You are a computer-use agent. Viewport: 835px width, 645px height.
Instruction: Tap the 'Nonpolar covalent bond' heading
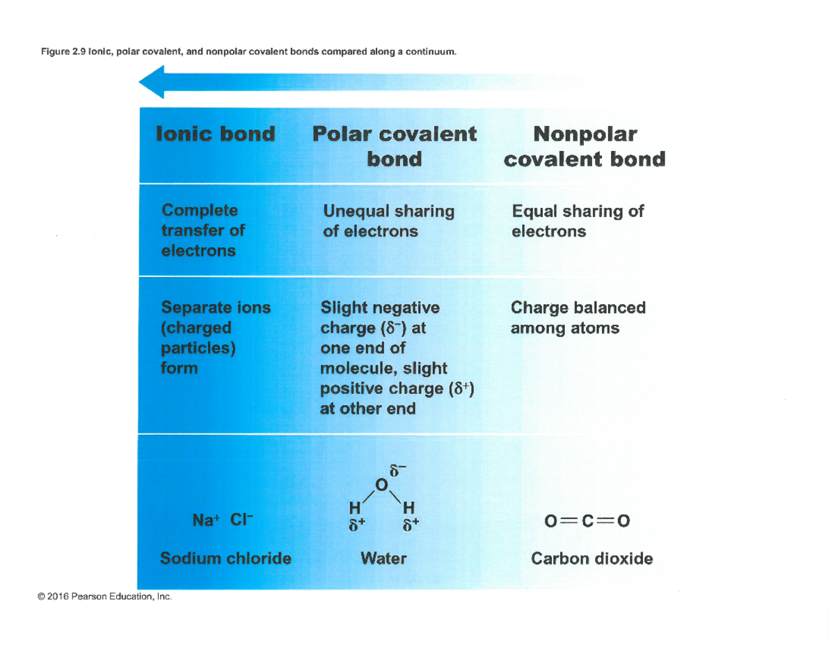point(584,145)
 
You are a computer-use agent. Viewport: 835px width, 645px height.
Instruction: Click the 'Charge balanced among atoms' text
point(578,317)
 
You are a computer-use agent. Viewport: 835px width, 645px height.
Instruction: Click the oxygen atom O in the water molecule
point(380,484)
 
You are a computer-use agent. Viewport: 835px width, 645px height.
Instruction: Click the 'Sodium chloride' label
point(225,557)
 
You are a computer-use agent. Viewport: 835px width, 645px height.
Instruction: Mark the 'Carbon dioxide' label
point(591,557)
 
